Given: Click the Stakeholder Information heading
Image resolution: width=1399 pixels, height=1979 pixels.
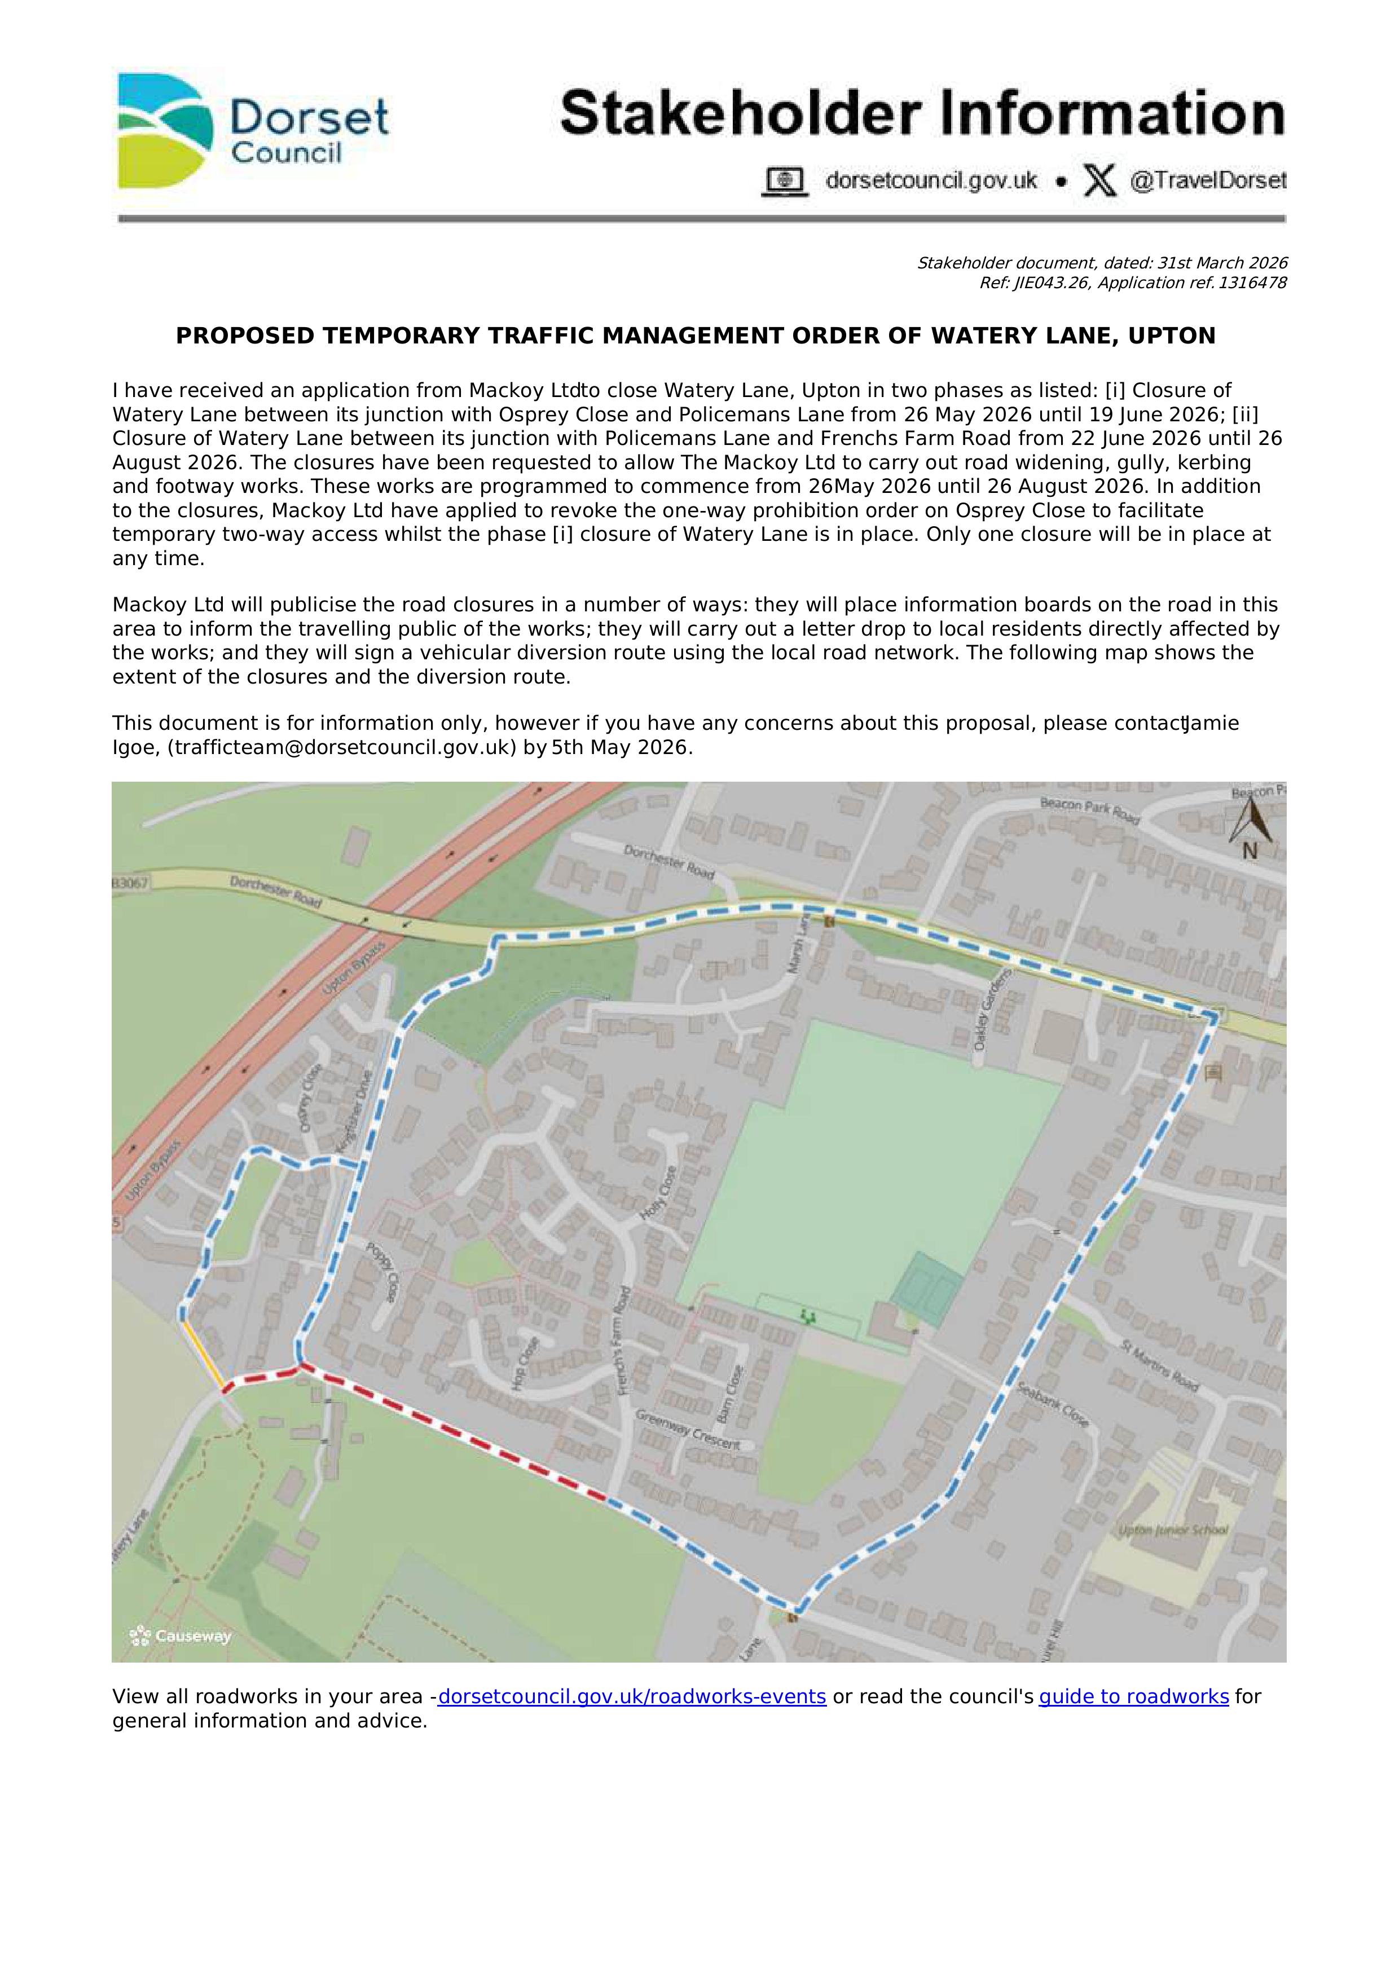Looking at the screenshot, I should [x=921, y=114].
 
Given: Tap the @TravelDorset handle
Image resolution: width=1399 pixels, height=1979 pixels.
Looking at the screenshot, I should [x=1207, y=181].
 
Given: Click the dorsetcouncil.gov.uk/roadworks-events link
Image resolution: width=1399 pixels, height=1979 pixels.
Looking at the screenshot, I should [x=632, y=1721].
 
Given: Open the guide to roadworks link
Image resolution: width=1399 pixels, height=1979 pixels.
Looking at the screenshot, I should [x=1133, y=1721].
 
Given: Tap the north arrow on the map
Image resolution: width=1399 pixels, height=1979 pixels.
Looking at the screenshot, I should [x=1248, y=826].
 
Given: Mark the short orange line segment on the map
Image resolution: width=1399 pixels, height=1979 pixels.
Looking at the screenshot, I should [x=204, y=1353].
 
